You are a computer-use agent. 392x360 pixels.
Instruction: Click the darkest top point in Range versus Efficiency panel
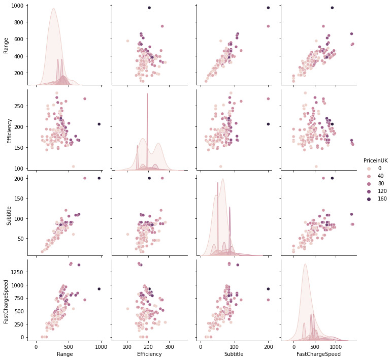coord(149,8)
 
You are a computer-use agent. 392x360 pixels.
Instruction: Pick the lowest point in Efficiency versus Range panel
coord(73,166)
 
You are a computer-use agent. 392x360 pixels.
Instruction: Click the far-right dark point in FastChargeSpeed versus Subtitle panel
coord(268,289)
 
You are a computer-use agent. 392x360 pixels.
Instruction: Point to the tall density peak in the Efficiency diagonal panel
coord(147,94)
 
